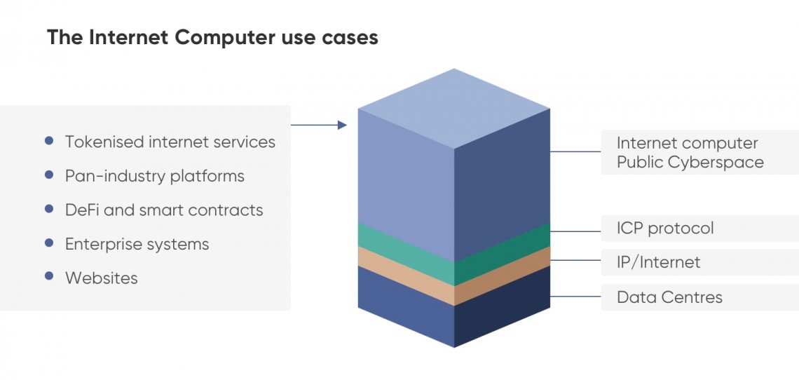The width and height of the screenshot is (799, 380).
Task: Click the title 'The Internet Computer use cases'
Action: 212,38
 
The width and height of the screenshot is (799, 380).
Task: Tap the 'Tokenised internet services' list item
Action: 170,142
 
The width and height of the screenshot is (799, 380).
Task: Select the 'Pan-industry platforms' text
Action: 155,176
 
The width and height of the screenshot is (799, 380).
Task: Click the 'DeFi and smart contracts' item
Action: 164,210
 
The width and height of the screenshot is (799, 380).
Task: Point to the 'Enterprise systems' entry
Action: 137,244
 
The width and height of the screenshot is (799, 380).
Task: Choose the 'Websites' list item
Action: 102,278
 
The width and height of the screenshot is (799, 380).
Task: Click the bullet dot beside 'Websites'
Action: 49,276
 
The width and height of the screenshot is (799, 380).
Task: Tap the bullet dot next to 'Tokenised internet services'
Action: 49,140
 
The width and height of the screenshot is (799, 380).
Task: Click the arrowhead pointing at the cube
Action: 343,125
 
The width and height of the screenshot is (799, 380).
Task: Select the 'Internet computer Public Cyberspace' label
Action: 690,153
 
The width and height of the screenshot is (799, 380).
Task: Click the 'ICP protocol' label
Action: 666,228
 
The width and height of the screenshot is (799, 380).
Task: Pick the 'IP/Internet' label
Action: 658,262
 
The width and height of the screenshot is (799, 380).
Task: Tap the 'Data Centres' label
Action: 669,297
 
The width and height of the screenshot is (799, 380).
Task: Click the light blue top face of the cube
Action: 454,109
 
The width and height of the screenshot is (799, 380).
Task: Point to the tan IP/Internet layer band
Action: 454,276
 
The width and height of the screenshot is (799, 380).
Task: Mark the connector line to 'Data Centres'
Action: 576,297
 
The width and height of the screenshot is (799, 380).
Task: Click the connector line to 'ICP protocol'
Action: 576,231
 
